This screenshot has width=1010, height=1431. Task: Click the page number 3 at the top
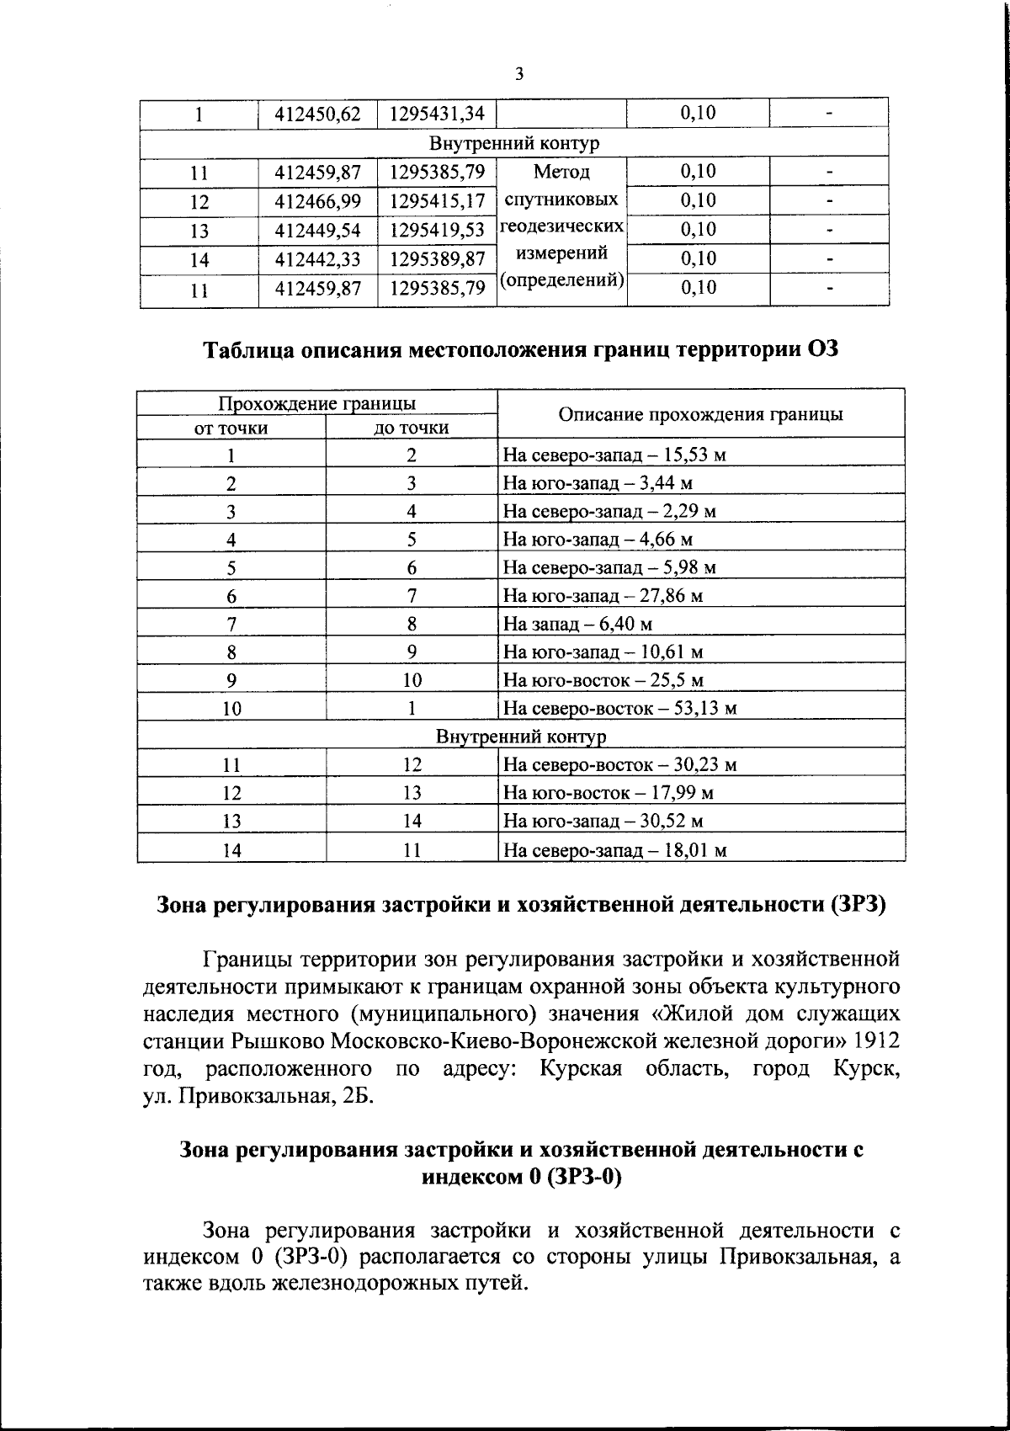519,74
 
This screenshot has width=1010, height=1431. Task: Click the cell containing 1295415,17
438,201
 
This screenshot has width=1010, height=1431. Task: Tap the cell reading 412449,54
317,230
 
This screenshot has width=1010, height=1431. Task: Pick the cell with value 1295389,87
438,258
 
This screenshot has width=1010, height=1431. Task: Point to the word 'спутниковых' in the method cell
561,199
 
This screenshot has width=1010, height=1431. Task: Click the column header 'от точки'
231,428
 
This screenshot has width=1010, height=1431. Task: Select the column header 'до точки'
412,428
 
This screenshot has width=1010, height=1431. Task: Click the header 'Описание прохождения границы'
701,414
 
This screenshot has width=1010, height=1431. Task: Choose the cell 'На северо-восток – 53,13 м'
619,708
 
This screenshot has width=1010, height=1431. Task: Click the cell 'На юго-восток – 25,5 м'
603,680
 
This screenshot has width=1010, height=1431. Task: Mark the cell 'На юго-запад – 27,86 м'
603,596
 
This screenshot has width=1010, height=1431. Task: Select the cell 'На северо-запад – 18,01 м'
614,850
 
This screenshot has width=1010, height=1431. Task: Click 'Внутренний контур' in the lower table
521,737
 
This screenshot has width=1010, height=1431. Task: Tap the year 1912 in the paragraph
876,1040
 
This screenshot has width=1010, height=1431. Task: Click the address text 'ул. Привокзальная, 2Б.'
258,1097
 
